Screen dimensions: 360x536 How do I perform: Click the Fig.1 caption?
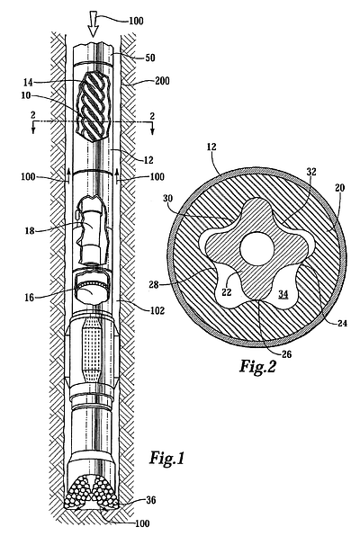(x=167, y=458)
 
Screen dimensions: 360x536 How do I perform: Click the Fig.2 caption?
(x=257, y=366)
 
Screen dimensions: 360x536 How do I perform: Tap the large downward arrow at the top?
(x=93, y=25)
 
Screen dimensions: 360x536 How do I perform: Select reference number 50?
(x=150, y=58)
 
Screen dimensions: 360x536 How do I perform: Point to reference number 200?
(x=162, y=81)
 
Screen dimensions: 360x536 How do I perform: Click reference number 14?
(x=28, y=82)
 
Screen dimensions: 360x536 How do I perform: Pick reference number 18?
(x=30, y=230)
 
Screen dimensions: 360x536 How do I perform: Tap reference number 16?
(x=30, y=298)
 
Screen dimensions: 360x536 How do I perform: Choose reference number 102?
(x=157, y=311)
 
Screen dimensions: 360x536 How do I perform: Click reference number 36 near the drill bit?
(x=150, y=500)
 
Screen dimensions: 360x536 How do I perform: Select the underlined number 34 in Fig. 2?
(x=283, y=294)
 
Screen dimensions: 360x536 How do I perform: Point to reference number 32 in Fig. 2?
(x=311, y=172)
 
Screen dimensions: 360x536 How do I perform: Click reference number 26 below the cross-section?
(x=286, y=354)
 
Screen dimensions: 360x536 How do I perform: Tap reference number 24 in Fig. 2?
(x=342, y=323)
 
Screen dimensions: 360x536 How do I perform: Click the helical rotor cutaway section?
(x=94, y=106)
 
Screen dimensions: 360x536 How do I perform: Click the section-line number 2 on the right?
(x=152, y=116)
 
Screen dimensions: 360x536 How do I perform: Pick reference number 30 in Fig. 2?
(x=168, y=198)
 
